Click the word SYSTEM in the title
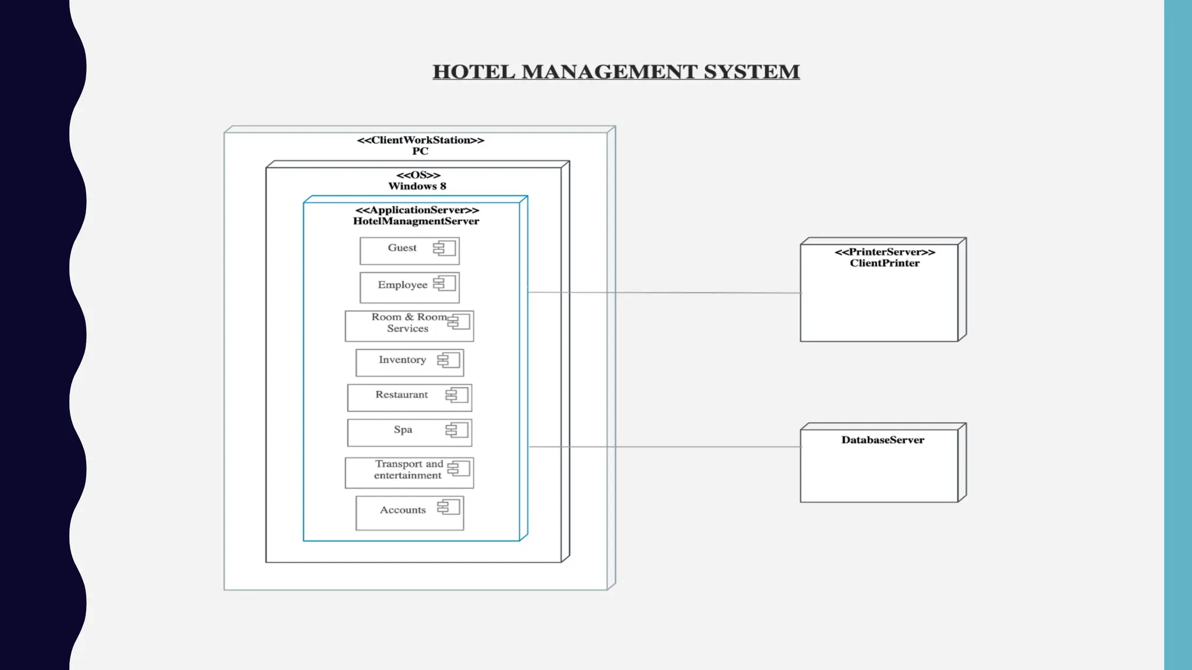[x=751, y=72]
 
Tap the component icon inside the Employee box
[x=445, y=284]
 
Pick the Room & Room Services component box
[x=409, y=326]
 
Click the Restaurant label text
[x=402, y=395]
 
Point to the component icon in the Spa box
[x=457, y=430]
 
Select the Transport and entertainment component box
[x=409, y=473]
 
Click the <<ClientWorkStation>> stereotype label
[x=420, y=140]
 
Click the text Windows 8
[x=417, y=186]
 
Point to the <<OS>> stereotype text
[x=418, y=175]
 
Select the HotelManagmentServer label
[x=416, y=221]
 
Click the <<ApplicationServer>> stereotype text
[x=417, y=210]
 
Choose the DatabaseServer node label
[x=882, y=440]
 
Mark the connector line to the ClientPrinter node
[x=664, y=293]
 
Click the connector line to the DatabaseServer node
[x=664, y=447]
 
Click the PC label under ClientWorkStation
[x=420, y=151]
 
